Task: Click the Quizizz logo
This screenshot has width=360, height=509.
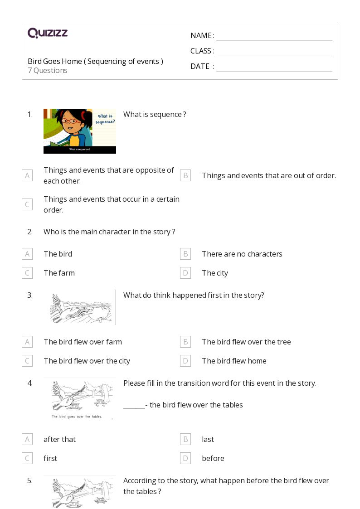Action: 48,33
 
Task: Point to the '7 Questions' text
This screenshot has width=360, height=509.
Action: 48,71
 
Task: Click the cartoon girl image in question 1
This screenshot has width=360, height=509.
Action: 79,131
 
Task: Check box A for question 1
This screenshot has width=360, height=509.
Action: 27,175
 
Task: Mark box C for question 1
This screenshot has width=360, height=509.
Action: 27,204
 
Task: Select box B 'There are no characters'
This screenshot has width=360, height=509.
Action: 185,254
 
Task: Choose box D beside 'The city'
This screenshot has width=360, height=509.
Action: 185,273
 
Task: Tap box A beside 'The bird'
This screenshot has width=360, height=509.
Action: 27,254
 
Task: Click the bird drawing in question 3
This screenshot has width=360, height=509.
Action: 80,308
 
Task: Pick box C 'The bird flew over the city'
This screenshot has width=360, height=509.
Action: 27,361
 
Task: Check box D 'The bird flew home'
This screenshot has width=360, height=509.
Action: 185,361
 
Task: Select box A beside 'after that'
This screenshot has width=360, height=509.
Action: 27,439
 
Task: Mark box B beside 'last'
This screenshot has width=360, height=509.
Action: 185,439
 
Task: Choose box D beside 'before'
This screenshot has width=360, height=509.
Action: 185,458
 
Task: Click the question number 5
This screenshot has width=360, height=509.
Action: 30,480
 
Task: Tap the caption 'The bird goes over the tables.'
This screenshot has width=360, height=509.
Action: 77,417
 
